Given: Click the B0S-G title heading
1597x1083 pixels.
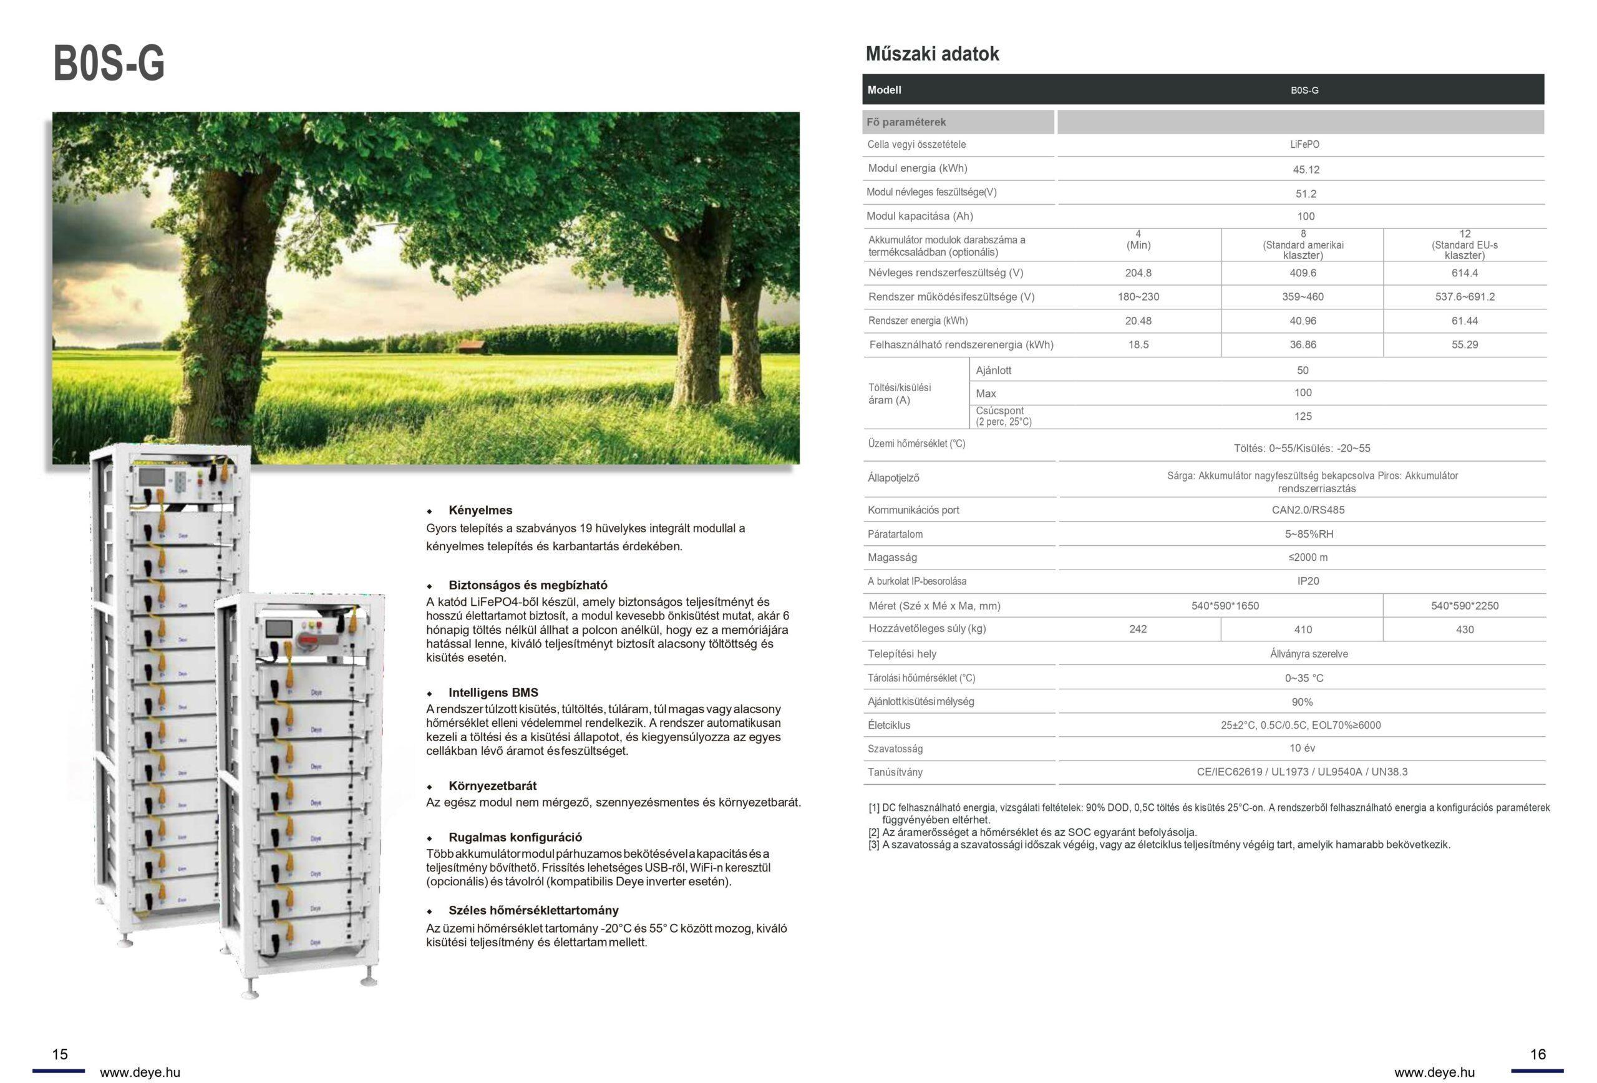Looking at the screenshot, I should [x=109, y=64].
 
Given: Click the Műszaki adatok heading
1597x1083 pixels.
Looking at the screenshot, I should [x=932, y=54].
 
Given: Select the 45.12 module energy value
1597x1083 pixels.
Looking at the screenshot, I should [x=1306, y=170].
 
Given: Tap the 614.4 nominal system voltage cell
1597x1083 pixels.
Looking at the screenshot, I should [x=1464, y=273].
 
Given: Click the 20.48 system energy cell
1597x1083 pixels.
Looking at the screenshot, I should [x=1138, y=321].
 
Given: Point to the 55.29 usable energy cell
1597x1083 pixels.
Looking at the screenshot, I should [x=1464, y=345].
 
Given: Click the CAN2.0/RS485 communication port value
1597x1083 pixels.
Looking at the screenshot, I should [x=1308, y=510].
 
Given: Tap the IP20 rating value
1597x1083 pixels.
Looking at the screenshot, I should [x=1308, y=581].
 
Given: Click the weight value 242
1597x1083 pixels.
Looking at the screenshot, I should [x=1138, y=629].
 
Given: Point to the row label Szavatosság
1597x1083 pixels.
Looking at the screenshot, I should [x=895, y=749].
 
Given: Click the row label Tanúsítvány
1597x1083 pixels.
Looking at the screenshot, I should [x=895, y=772].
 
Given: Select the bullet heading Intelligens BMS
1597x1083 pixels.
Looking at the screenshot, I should [x=493, y=692].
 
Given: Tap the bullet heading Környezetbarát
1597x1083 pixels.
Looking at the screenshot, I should [x=492, y=785].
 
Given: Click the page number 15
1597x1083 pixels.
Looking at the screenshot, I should [x=60, y=1054].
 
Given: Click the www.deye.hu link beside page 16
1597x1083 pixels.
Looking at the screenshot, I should [x=1434, y=1072].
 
